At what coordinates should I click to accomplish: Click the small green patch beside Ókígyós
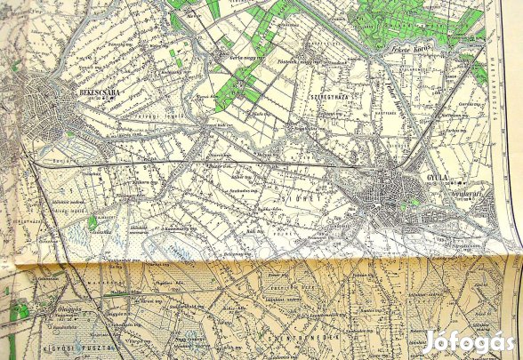[19, 311]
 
